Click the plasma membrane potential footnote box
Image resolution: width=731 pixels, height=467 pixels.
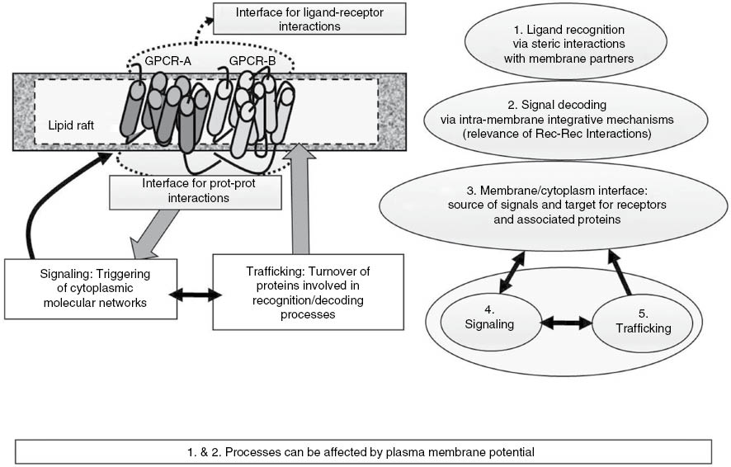coord(363,451)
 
